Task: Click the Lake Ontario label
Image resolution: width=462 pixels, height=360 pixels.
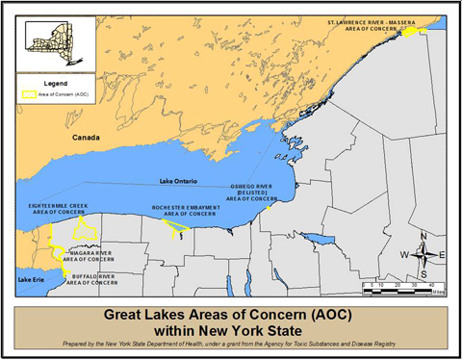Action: [x=182, y=180]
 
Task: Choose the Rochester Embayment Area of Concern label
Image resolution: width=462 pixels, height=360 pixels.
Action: [x=187, y=211]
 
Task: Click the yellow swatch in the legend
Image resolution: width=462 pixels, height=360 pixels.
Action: [x=30, y=96]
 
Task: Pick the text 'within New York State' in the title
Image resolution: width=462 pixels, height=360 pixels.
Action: [x=231, y=330]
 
